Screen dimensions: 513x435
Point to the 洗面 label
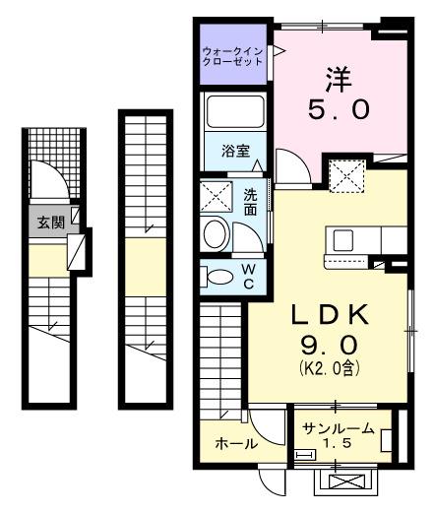tap(251, 203)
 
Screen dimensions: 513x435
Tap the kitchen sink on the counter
tap(344, 240)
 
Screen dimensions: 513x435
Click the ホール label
tap(236, 444)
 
